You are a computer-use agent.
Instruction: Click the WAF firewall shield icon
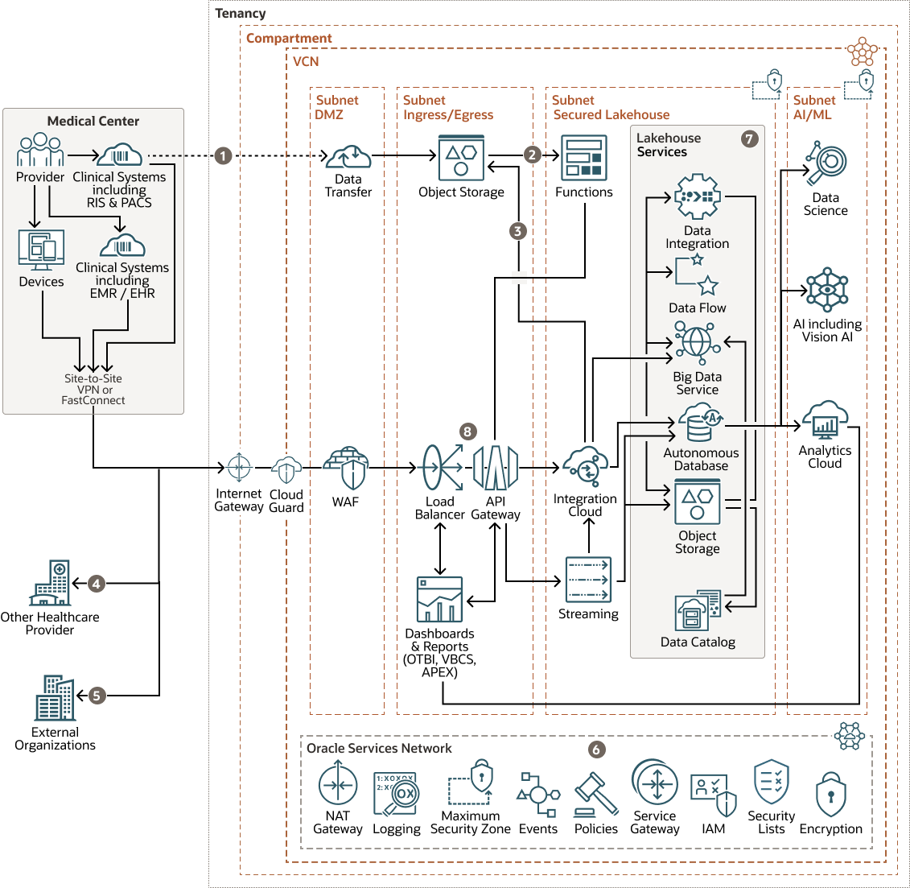pos(346,468)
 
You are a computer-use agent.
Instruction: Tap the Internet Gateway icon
pos(239,467)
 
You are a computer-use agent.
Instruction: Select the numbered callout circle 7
pos(749,138)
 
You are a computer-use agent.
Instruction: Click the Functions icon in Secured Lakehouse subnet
pos(584,158)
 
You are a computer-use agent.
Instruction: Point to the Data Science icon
pos(826,163)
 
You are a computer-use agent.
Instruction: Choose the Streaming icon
pos(588,580)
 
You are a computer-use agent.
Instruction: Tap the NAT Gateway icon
pos(338,785)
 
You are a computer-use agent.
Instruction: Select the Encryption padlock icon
pos(830,795)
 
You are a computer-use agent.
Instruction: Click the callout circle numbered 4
pos(97,584)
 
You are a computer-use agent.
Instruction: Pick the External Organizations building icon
pos(55,698)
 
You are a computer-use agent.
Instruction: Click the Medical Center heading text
pos(93,121)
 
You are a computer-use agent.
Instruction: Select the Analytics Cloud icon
pos(825,421)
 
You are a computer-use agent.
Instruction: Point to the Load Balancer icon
pos(441,468)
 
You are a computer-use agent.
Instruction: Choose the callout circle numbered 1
pos(224,155)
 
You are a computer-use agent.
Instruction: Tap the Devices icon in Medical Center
pos(41,250)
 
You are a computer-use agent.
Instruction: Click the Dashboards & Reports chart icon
pos(439,600)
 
